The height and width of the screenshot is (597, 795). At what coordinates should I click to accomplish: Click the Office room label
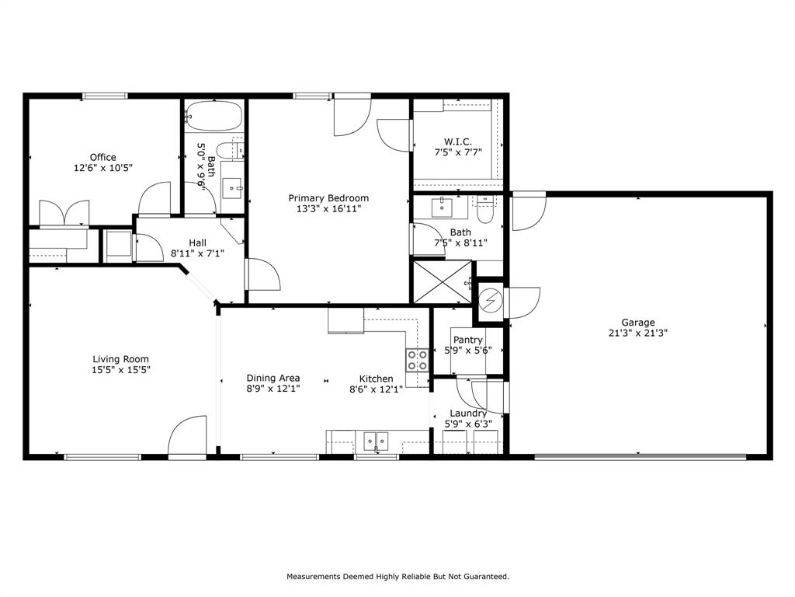[x=102, y=157]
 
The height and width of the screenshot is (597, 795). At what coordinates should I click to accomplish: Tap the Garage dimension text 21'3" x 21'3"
[x=637, y=333]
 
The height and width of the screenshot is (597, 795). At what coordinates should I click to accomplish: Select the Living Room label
[x=120, y=359]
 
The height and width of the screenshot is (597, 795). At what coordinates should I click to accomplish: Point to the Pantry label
[x=467, y=340]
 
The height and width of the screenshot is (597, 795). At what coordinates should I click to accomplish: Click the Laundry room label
[x=468, y=414]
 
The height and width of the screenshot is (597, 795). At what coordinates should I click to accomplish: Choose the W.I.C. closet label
[x=458, y=141]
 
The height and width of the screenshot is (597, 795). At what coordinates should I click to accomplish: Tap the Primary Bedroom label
[x=328, y=198]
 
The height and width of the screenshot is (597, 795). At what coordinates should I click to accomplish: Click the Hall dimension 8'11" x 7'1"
[x=197, y=253]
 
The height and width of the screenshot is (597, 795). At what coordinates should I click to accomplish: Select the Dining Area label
[x=273, y=379]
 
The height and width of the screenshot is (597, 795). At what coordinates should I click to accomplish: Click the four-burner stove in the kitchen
[x=417, y=359]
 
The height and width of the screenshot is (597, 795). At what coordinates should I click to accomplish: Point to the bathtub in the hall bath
[x=213, y=117]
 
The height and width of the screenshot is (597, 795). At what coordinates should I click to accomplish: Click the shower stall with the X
[x=441, y=281]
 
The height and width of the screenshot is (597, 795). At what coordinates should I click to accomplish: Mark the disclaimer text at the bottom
[x=397, y=577]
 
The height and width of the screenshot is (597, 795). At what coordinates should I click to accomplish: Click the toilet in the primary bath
[x=486, y=210]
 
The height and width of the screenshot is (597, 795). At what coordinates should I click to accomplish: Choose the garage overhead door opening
[x=640, y=457]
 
